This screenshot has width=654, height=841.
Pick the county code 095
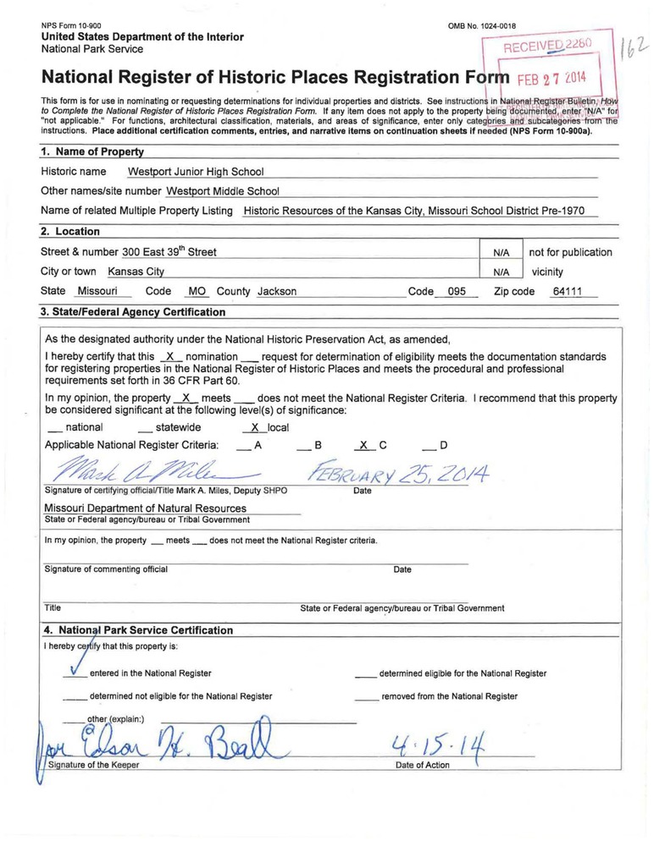457,291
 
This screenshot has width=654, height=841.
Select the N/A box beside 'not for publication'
501,252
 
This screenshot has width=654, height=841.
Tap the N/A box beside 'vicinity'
501,272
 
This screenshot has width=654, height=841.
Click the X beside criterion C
363,444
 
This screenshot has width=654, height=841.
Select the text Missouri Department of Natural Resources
145,508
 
